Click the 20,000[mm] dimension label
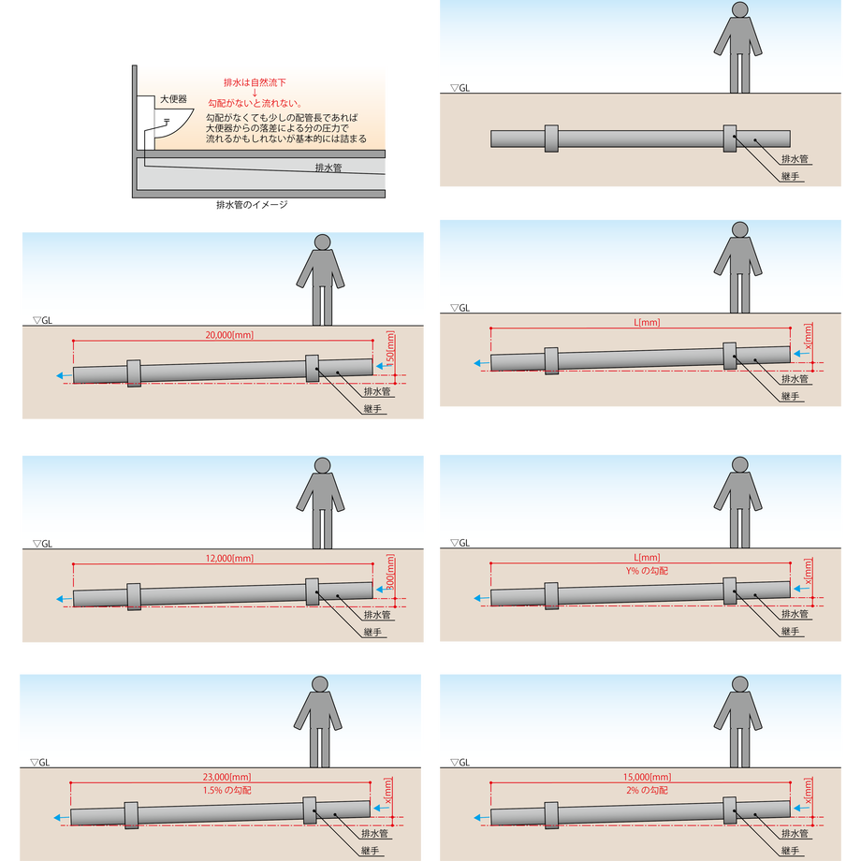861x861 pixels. [x=229, y=335]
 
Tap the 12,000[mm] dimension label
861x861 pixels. [x=229, y=559]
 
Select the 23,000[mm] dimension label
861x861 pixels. [x=226, y=777]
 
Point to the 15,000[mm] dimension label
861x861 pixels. [x=647, y=777]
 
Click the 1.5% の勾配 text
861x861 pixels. [x=226, y=790]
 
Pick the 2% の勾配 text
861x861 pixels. [x=647, y=790]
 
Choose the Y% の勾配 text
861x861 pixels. [x=647, y=571]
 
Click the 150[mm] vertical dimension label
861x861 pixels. [x=390, y=347]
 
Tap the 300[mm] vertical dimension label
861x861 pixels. [x=390, y=571]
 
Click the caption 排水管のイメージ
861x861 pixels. [x=252, y=205]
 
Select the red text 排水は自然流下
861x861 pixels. [x=255, y=82]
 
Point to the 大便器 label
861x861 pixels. [x=173, y=99]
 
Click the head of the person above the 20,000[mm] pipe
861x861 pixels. [x=322, y=242]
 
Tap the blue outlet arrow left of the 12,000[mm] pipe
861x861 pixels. [x=64, y=599]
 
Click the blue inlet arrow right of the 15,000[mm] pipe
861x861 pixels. [x=802, y=808]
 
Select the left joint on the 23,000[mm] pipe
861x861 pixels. [x=131, y=815]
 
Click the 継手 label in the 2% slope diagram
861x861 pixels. [x=790, y=851]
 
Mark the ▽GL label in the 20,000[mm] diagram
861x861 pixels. [x=42, y=320]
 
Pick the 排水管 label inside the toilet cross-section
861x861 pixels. [x=328, y=168]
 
